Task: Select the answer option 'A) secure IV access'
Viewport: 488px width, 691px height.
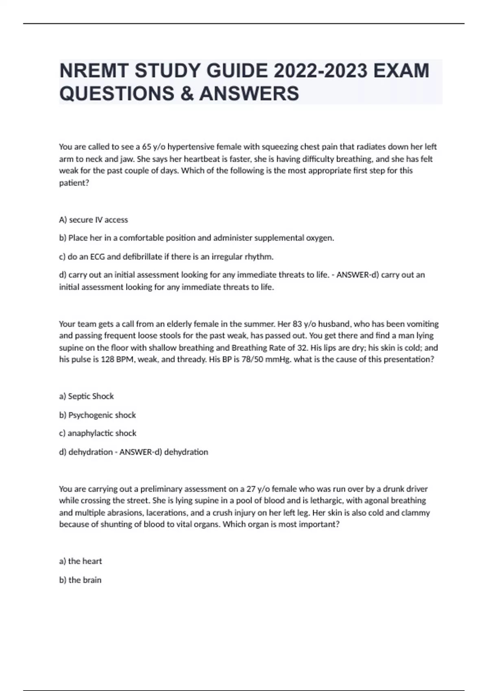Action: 94,220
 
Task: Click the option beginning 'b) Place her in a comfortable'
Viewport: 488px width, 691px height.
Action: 196,238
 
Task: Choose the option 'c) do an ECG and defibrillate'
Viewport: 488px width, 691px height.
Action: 166,256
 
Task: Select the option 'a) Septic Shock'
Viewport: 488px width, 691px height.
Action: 86,396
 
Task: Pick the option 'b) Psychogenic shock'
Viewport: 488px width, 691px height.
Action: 97,415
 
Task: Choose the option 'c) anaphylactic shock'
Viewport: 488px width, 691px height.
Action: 98,433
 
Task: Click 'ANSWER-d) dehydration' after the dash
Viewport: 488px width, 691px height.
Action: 163,452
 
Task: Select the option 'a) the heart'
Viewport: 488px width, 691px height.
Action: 81,561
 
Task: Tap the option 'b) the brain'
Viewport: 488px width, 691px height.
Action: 80,580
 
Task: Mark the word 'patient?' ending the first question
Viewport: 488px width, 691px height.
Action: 74,183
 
